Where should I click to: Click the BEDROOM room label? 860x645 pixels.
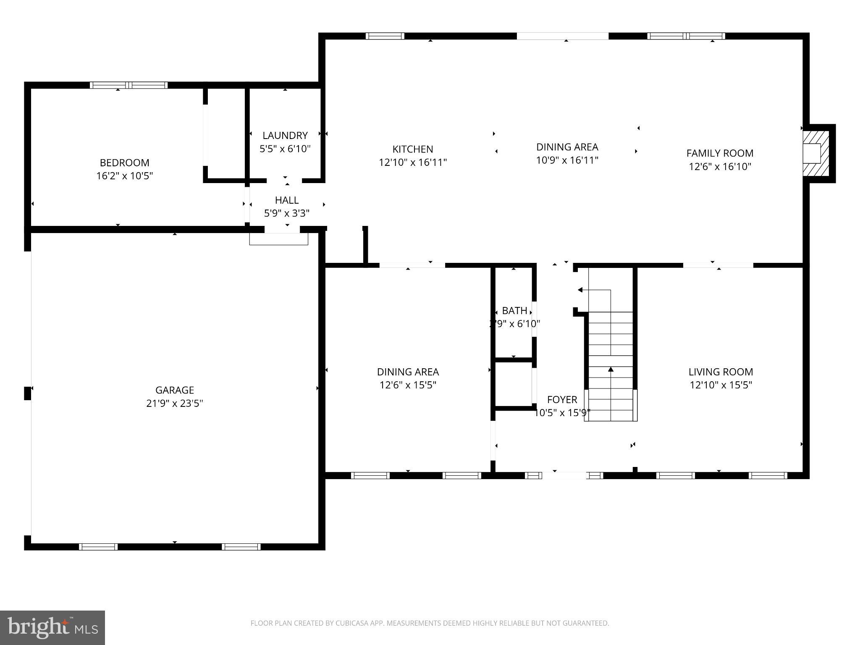(124, 163)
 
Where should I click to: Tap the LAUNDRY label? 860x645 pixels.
(285, 135)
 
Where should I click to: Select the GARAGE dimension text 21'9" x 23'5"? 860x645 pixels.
(175, 404)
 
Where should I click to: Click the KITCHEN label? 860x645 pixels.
(413, 149)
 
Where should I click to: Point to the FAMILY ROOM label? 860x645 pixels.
(720, 153)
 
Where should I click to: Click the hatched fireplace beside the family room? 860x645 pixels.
(816, 154)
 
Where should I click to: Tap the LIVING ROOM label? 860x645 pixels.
(721, 372)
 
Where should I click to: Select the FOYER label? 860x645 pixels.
(562, 399)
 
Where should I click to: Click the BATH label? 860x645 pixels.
(514, 311)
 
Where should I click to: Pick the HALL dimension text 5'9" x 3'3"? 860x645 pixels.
(287, 213)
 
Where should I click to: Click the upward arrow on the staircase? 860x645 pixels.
(611, 370)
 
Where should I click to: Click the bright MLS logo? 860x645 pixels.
(52, 627)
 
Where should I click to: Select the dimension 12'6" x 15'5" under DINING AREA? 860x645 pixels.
(408, 385)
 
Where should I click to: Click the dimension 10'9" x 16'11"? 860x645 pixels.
(567, 160)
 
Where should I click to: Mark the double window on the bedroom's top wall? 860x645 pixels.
(129, 85)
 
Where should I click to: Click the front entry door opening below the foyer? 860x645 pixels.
(564, 475)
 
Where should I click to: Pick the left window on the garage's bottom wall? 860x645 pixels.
(98, 546)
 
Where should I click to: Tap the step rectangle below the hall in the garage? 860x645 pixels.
(279, 239)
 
